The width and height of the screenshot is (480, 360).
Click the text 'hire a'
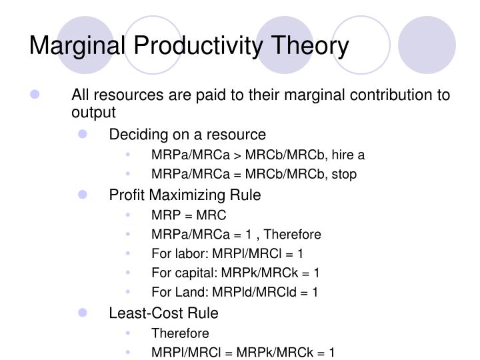[349, 155]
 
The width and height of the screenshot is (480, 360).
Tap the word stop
[343, 174]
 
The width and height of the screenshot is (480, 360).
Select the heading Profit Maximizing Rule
[185, 195]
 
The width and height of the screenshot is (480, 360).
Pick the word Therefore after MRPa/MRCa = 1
[291, 235]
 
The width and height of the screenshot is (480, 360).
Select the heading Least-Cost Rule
[163, 313]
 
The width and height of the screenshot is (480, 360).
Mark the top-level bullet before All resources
[35, 95]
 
